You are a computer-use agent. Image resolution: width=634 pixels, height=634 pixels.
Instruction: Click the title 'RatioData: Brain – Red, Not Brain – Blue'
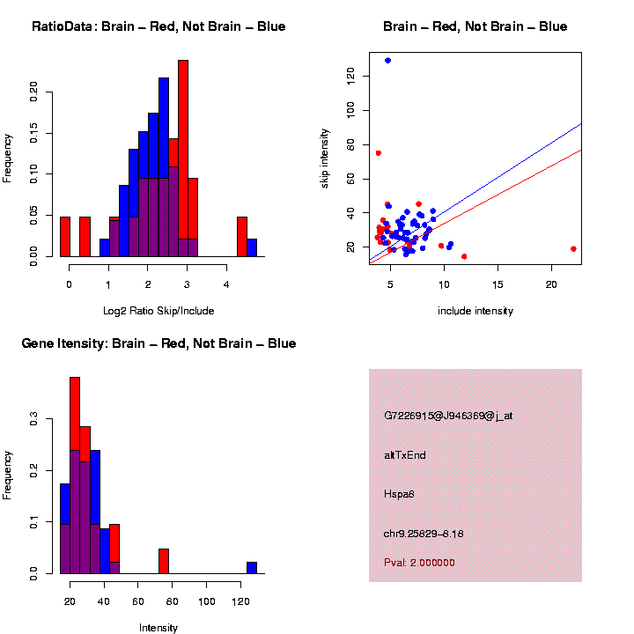coord(158,26)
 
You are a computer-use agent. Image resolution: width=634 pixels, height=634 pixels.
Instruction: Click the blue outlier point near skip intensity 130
coord(387,61)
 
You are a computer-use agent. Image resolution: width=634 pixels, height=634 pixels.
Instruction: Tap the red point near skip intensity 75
coord(378,153)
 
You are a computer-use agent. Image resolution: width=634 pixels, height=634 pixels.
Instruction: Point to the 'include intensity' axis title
coord(475,311)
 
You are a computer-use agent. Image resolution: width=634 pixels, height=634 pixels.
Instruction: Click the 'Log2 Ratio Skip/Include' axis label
coord(158,311)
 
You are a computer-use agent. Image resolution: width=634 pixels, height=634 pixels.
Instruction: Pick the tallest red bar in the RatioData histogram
coord(183,158)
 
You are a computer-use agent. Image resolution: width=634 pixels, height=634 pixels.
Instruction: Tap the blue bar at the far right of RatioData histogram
coord(252,247)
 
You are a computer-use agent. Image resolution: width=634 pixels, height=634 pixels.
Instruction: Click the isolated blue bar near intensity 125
coord(252,568)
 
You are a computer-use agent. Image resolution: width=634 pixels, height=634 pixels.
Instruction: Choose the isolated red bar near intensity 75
coord(164,561)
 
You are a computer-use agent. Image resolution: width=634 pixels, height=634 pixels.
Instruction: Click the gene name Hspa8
coord(400,494)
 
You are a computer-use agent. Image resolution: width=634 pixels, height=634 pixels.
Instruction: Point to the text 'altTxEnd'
coord(405,455)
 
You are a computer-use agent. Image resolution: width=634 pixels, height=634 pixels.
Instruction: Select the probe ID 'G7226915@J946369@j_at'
coord(448,416)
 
